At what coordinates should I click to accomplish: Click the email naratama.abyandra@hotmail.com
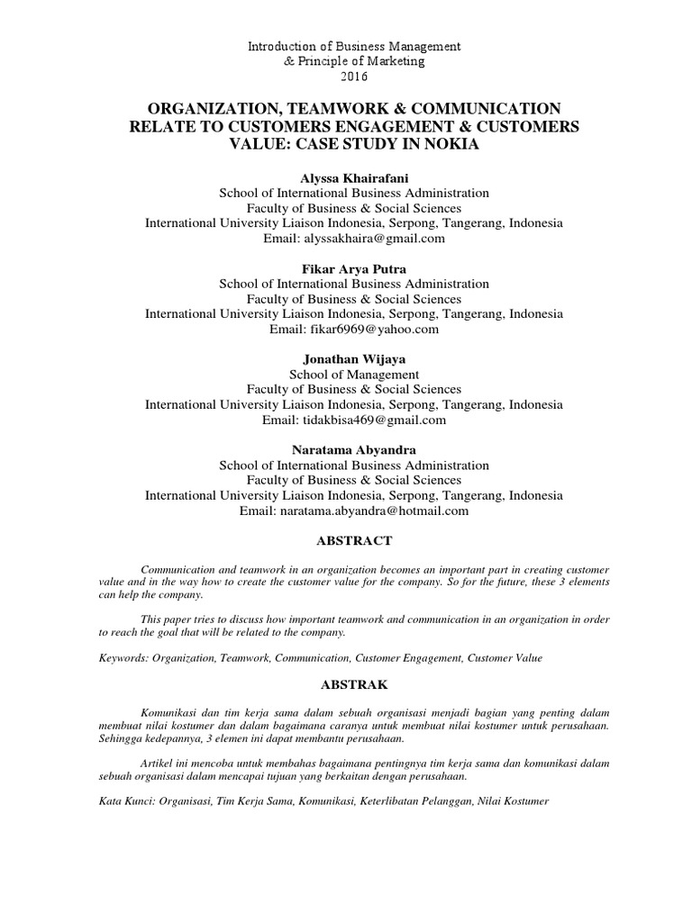click(378, 511)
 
